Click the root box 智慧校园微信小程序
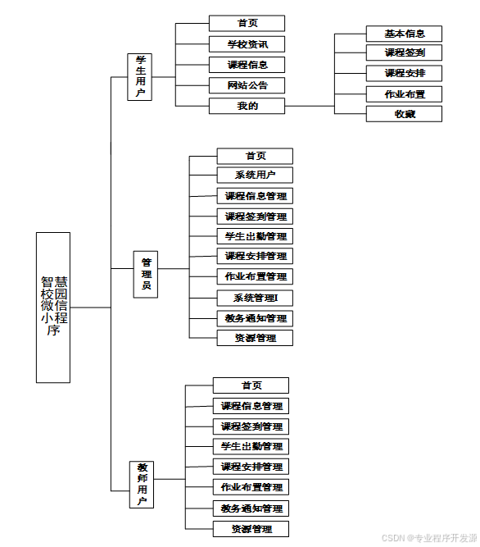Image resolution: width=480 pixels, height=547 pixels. pyautogui.click(x=53, y=308)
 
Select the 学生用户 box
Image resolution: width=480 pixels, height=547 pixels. pyautogui.click(x=140, y=77)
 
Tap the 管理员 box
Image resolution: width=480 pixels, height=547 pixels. pyautogui.click(x=146, y=274)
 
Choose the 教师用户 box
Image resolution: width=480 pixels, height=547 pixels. pyautogui.click(x=142, y=485)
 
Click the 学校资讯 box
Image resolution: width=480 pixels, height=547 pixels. pyautogui.click(x=247, y=44)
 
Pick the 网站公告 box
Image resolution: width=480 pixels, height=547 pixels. pyautogui.click(x=247, y=85)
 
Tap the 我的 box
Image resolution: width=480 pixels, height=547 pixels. pyautogui.click(x=247, y=106)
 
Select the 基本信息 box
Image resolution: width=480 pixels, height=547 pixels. pyautogui.click(x=404, y=34)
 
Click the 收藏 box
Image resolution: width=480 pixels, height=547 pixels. pyautogui.click(x=404, y=114)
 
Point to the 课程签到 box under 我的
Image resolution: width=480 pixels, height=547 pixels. pyautogui.click(x=404, y=52)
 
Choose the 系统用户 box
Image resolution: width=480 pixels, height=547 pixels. pyautogui.click(x=255, y=175)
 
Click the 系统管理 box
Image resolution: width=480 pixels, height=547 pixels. pyautogui.click(x=255, y=298)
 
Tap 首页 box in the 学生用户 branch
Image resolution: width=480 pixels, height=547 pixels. pyautogui.click(x=247, y=24)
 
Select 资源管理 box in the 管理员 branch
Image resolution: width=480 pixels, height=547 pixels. pyautogui.click(x=255, y=338)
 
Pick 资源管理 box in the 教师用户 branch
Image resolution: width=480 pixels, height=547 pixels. pyautogui.click(x=251, y=529)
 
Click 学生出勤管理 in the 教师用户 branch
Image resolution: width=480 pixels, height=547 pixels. pyautogui.click(x=251, y=446)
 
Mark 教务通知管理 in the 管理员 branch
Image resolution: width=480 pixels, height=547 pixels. pyautogui.click(x=255, y=318)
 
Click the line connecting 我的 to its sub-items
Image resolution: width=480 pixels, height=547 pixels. pyautogui.click(x=310, y=106)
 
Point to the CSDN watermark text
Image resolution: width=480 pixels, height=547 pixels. pyautogui.click(x=429, y=538)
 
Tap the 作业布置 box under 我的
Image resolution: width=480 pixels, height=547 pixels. pyautogui.click(x=404, y=93)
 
